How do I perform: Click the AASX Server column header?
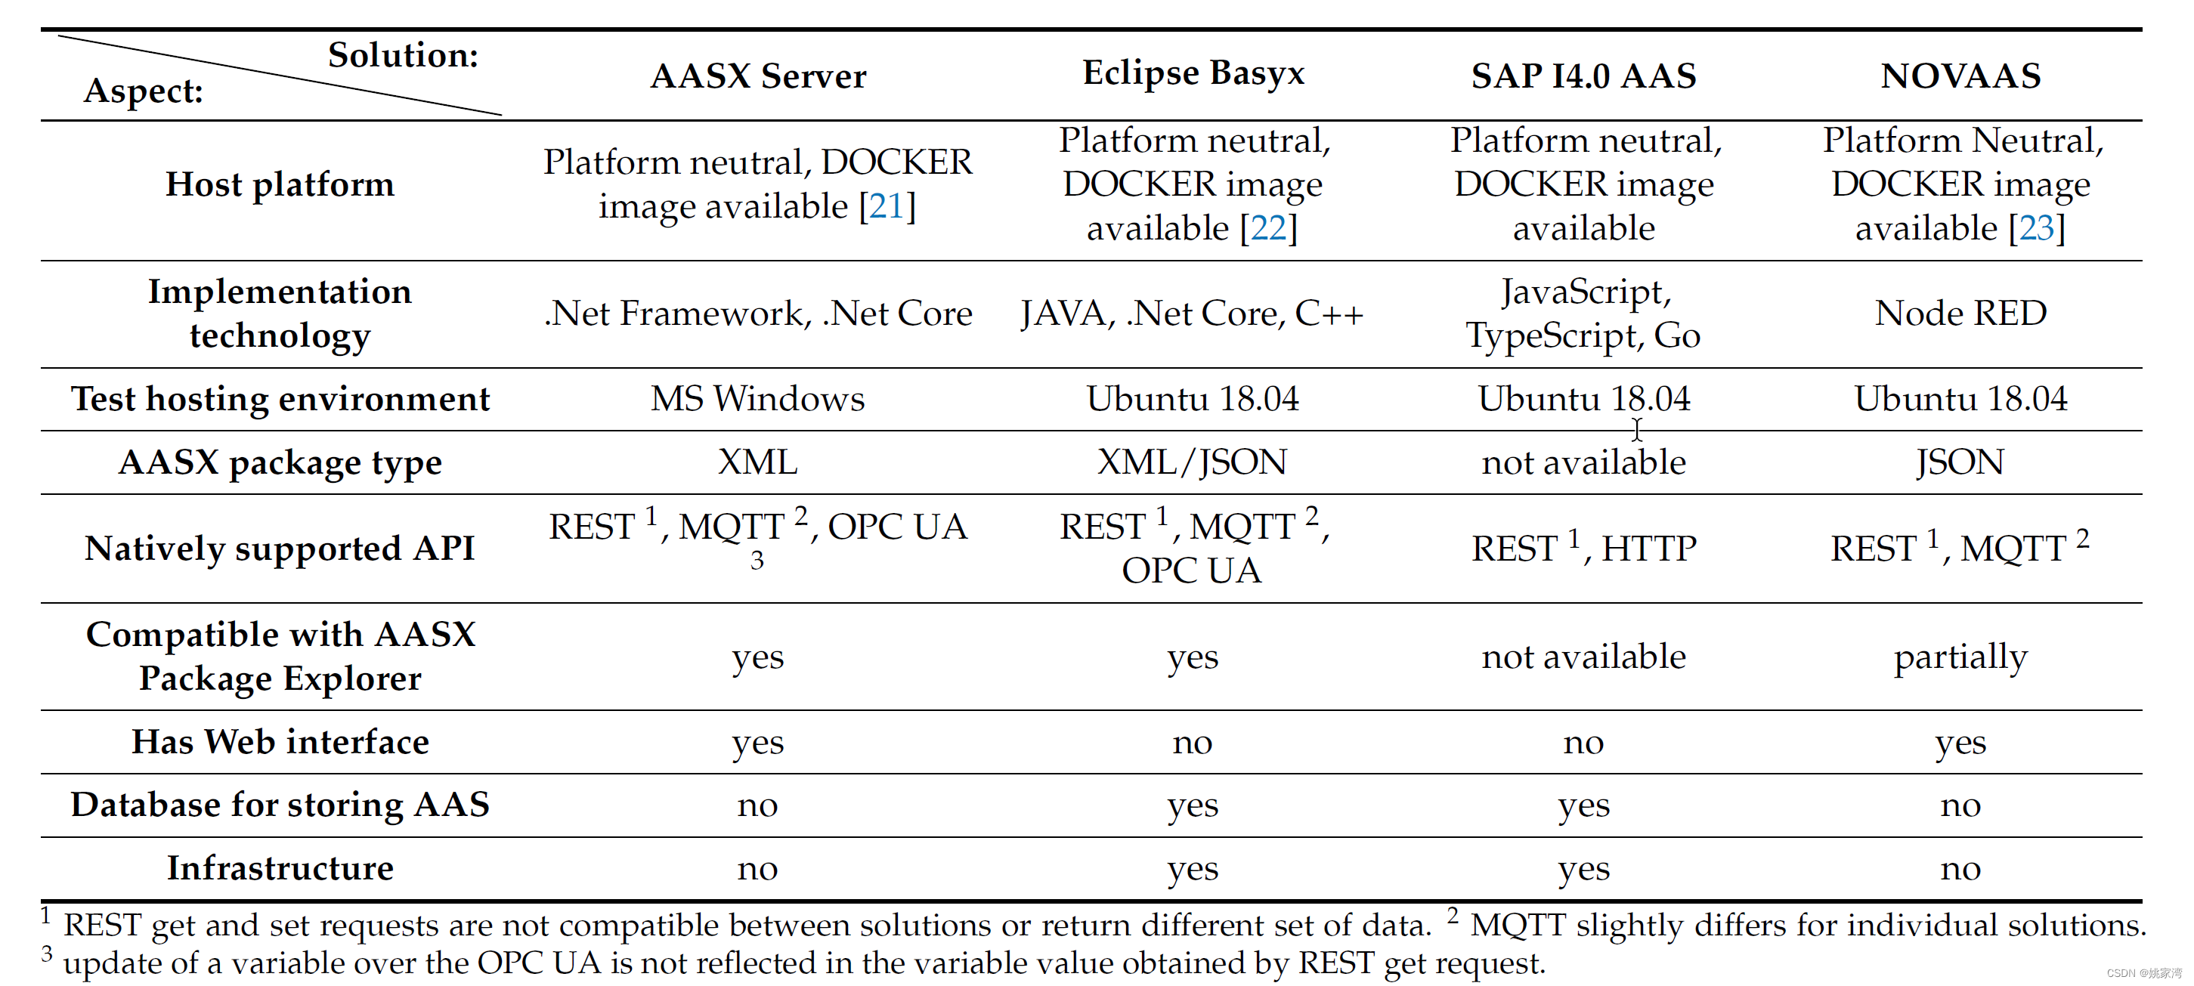point(758,76)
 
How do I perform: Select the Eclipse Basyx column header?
point(1193,73)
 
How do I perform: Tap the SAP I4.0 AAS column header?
point(1583,76)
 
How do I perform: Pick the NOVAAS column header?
point(1960,76)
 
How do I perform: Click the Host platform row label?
point(280,184)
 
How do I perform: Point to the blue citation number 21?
point(887,206)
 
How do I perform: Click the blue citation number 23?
point(2037,228)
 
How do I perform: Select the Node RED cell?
point(1960,314)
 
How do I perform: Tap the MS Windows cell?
point(757,398)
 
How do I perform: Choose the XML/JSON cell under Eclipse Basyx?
point(1192,462)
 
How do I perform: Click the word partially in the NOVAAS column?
point(1960,657)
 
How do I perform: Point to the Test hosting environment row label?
point(280,398)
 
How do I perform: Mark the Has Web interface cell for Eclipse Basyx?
point(1192,743)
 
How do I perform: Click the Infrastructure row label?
point(280,867)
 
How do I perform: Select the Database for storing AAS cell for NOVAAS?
point(1960,805)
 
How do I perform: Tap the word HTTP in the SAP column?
point(1649,549)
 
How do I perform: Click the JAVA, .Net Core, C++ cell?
point(1192,314)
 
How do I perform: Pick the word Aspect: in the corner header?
point(143,90)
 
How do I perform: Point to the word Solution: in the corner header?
point(403,55)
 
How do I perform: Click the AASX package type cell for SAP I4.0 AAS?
point(1583,462)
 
